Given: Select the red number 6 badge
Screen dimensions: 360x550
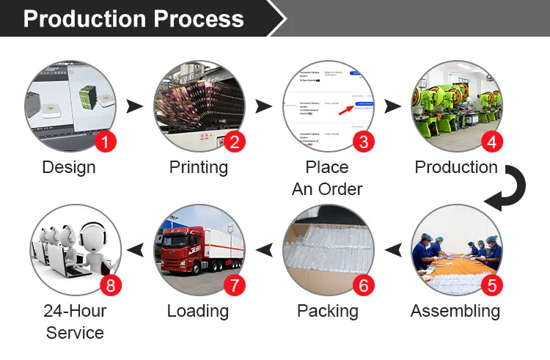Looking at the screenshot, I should pos(362,284).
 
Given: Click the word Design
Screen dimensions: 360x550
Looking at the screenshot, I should pos(69,167).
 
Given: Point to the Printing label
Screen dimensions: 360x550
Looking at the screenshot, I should pos(198,167).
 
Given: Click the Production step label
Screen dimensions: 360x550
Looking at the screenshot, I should pos(456,167).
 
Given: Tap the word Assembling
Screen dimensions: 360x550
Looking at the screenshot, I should pos(455,311).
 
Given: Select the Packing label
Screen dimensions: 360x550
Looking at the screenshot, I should pos(327,311).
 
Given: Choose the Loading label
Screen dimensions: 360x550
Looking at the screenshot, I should pos(197,311).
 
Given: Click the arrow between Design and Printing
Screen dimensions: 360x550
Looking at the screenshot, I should pos(134,107).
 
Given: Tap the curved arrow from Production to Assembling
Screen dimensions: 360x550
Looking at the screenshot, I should pos(506,189).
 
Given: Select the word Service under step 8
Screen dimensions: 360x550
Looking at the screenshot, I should pos(75,333).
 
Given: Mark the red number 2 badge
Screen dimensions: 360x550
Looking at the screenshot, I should pos(234,142).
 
